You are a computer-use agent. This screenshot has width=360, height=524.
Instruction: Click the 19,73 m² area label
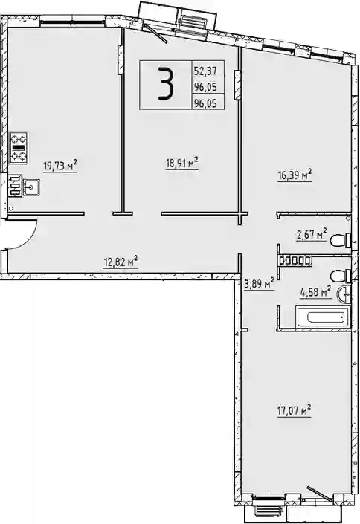click(x=60, y=166)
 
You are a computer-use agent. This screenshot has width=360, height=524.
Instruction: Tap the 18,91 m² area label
click(x=182, y=164)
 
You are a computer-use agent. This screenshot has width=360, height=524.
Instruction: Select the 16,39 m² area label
click(x=295, y=175)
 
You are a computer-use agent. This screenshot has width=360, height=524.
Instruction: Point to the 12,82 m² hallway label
click(x=121, y=262)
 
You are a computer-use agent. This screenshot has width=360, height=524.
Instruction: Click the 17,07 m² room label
click(x=294, y=410)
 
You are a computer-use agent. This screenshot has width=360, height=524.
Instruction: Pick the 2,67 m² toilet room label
click(x=312, y=235)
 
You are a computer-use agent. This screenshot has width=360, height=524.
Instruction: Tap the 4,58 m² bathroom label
click(x=316, y=292)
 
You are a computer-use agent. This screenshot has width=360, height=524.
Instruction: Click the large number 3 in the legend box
click(x=166, y=83)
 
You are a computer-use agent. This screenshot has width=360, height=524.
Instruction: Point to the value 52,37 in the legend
click(x=205, y=71)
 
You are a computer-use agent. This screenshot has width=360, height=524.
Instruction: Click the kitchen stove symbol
click(x=19, y=148)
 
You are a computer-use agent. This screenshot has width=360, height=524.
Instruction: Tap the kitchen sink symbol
click(x=31, y=187)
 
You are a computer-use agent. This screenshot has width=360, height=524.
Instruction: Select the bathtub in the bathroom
click(x=323, y=317)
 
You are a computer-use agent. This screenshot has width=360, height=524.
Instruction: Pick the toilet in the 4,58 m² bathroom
click(x=340, y=276)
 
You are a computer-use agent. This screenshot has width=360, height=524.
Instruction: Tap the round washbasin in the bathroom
click(x=344, y=295)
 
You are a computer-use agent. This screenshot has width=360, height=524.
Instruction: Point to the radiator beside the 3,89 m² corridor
click(x=295, y=260)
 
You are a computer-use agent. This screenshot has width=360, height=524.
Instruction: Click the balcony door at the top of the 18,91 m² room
click(x=156, y=33)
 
